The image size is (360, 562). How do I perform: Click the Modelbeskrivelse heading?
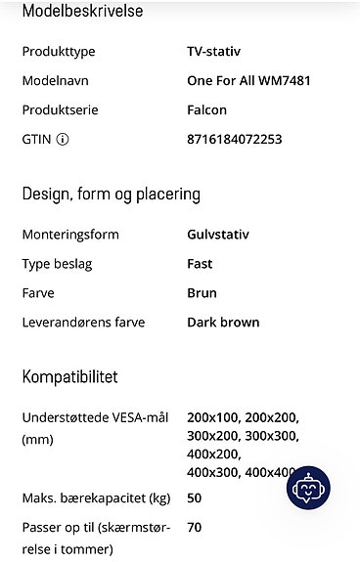(82, 12)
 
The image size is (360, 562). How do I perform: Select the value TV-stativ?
(213, 51)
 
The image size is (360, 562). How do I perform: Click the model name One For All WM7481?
(248, 81)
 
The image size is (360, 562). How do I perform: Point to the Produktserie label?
(61, 110)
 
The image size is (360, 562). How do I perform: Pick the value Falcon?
(206, 110)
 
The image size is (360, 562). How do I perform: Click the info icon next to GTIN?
(63, 140)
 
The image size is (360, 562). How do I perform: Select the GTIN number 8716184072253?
(234, 140)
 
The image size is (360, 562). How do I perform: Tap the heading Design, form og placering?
(111, 194)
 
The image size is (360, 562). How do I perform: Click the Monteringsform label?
(70, 235)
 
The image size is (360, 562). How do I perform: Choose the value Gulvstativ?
(218, 235)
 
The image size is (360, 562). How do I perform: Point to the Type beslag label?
(62, 264)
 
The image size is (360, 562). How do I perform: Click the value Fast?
(200, 264)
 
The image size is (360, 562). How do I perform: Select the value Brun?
(202, 293)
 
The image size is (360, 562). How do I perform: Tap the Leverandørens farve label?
(83, 323)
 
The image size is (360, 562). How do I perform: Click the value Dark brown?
(223, 323)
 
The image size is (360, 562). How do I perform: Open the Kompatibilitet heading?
(69, 377)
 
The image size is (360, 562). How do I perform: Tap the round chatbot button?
(308, 488)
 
